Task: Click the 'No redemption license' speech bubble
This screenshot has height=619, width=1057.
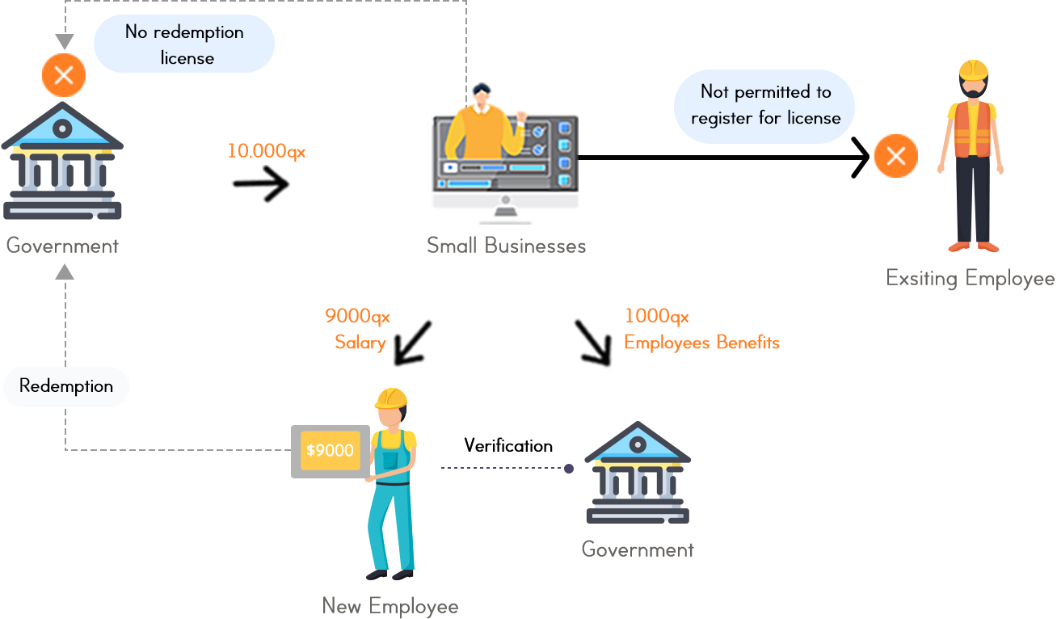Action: [x=184, y=44]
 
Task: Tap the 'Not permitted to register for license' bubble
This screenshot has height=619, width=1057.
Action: [x=764, y=105]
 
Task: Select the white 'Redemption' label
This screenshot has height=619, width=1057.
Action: [x=66, y=386]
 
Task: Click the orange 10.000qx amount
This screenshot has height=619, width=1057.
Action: [x=266, y=151]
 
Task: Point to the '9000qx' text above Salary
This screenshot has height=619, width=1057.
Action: [x=357, y=316]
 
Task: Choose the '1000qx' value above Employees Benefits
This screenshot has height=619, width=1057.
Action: [x=656, y=316]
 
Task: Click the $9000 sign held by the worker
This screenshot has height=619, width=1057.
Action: [x=330, y=450]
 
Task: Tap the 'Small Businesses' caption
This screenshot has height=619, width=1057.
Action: [x=506, y=246]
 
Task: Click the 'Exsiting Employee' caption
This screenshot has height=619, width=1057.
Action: [x=970, y=279]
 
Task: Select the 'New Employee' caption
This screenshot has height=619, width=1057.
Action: [x=390, y=605]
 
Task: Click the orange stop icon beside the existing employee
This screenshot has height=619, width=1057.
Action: [x=895, y=156]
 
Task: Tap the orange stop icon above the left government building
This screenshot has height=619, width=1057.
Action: [x=64, y=74]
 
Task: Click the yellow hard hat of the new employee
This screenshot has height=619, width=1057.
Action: [x=391, y=398]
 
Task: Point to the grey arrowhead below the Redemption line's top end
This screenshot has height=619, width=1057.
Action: [x=65, y=273]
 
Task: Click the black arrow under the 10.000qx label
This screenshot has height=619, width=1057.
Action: [x=262, y=185]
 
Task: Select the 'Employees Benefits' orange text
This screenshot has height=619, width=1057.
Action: [x=701, y=343]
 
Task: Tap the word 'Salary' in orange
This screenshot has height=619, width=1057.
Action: [x=360, y=343]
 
